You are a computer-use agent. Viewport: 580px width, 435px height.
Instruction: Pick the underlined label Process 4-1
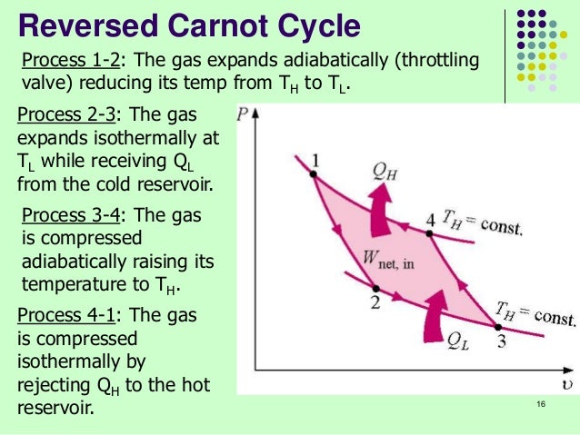pos(61,316)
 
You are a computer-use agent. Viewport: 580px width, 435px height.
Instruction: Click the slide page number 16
pos(541,404)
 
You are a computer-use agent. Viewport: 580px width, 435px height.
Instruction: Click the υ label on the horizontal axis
pos(566,382)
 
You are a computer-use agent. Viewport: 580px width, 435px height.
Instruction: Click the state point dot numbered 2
pos(376,288)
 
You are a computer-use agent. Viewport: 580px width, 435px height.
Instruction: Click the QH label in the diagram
pos(386,170)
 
